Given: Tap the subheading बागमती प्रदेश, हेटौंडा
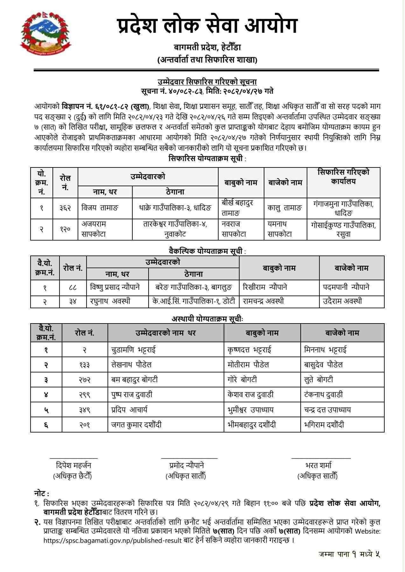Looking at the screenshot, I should coord(207,48).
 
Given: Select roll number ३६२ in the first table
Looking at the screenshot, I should coord(65,208).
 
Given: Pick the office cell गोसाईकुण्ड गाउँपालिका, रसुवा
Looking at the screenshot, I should coord(343,229).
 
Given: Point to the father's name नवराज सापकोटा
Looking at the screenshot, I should coord(234,229).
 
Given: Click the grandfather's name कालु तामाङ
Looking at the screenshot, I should coord(285,208).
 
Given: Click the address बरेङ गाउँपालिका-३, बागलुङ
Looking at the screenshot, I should coord(194,288).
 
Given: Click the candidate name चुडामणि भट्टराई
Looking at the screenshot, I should coord(133,350).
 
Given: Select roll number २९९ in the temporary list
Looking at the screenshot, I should coord(85,395).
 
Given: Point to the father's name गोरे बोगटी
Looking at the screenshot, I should coord(242,380).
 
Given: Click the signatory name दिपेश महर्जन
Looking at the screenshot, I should coord(73,466).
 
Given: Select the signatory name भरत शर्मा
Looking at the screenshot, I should coord(318,466).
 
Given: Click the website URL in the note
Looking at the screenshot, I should coord(113,540).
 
